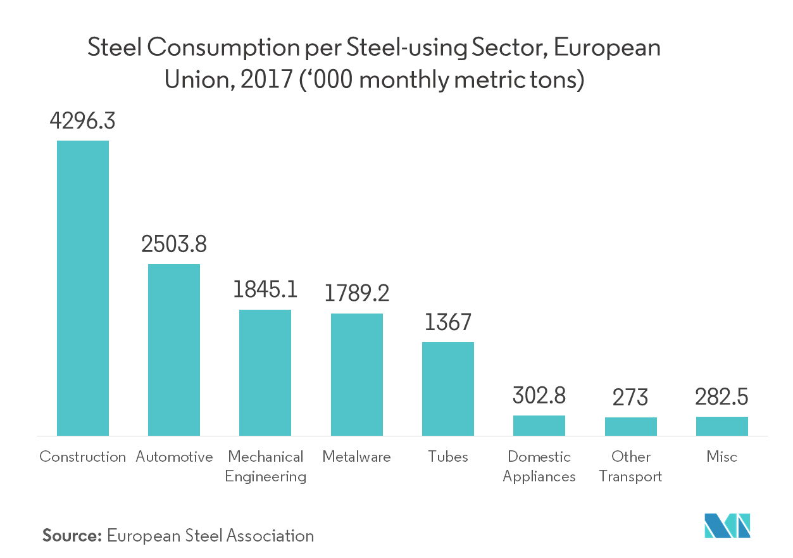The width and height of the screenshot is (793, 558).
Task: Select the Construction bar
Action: [83, 288]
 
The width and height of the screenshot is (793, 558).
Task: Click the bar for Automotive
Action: [174, 350]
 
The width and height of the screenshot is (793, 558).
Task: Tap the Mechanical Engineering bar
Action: [265, 372]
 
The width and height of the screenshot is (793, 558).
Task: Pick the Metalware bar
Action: [357, 374]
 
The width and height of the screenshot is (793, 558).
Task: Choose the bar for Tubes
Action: [448, 389]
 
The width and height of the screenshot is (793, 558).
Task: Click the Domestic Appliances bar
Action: [539, 426]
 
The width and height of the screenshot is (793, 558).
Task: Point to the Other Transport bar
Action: [631, 426]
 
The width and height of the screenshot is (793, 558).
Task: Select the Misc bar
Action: [722, 426]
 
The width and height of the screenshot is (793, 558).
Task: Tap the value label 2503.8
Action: [174, 244]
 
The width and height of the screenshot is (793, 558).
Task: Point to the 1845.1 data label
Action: [265, 290]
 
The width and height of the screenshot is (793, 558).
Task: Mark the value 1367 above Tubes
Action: [448, 322]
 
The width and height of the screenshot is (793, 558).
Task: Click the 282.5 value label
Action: [722, 397]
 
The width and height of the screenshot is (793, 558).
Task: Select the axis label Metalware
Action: [357, 457]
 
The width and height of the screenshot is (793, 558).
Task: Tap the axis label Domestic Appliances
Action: [539, 466]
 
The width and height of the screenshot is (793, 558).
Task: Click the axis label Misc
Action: [722, 457]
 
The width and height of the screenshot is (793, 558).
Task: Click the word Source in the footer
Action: [72, 536]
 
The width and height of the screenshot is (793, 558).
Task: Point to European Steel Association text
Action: [211, 536]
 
